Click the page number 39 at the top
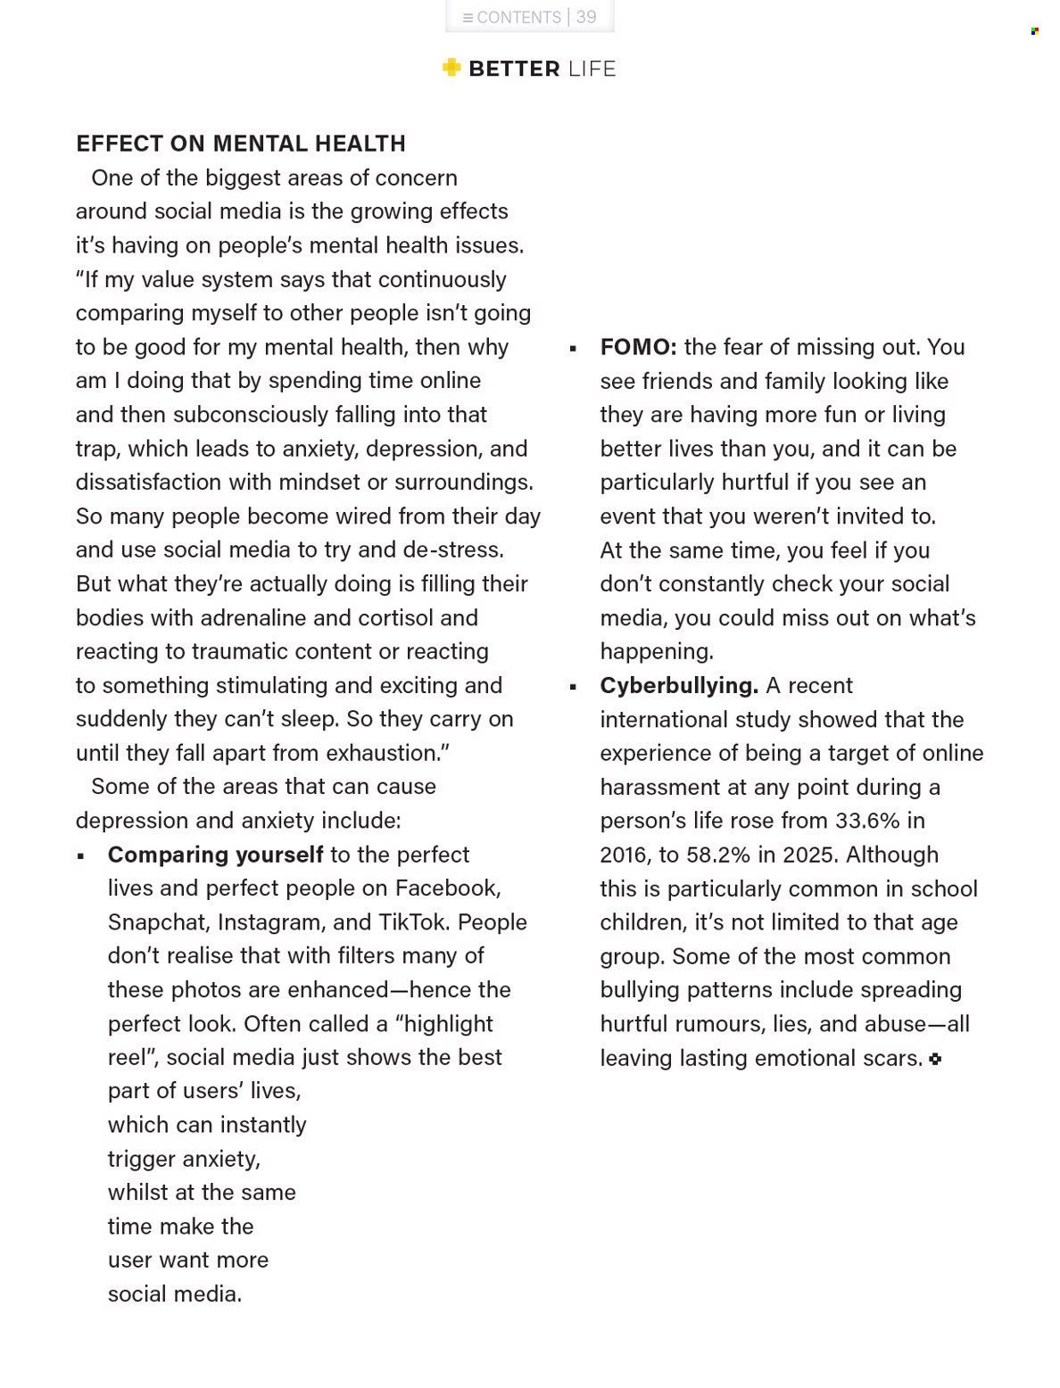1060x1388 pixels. tap(586, 17)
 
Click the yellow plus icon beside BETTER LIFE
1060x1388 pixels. tap(451, 68)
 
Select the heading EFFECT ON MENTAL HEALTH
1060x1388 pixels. tap(241, 144)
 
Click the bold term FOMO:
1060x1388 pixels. tap(638, 347)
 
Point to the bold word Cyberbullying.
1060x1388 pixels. tap(679, 685)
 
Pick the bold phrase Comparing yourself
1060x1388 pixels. tap(215, 855)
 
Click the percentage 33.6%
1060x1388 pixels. tap(867, 821)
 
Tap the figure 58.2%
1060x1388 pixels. tap(718, 855)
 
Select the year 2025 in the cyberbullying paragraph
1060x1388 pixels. tap(810, 855)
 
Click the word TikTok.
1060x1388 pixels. tap(412, 922)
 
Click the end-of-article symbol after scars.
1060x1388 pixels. tap(935, 1059)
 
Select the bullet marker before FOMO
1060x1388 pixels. tap(573, 349)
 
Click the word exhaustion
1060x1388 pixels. tap(385, 754)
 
